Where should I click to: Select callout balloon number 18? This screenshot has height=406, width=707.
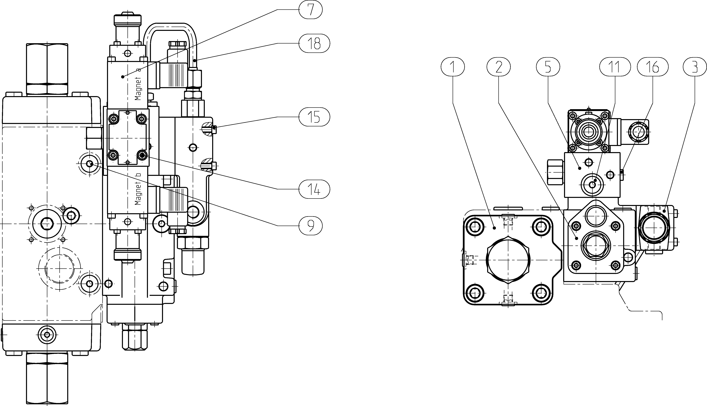pyautogui.click(x=314, y=43)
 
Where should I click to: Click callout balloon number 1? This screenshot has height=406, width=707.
pyautogui.click(x=453, y=67)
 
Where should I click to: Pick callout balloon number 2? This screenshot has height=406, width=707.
pyautogui.click(x=499, y=67)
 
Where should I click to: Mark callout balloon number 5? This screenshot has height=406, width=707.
pyautogui.click(x=548, y=67)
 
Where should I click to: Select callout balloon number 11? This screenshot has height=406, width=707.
pyautogui.click(x=615, y=67)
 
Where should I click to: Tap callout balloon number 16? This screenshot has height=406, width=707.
pyautogui.click(x=653, y=67)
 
